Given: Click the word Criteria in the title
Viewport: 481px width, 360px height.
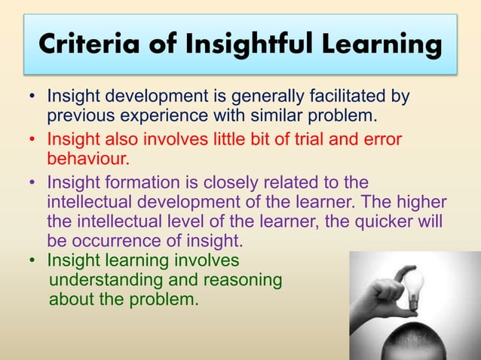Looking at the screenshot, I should coord(80,44).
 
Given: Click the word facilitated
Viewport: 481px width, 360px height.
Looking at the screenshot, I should coord(339,99).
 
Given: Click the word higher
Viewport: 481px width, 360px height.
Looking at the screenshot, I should coord(422,203).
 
